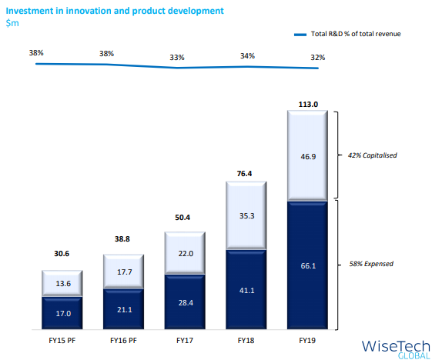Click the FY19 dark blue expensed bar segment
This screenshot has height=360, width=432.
click(x=307, y=265)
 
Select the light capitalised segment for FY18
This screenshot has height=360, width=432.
click(x=246, y=215)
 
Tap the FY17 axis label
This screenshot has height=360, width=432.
click(x=185, y=341)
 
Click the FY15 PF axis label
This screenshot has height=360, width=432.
click(x=62, y=341)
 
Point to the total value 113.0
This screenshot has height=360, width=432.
click(x=308, y=105)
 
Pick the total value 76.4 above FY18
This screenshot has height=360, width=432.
click(x=244, y=173)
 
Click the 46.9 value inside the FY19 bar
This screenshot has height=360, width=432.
click(x=308, y=157)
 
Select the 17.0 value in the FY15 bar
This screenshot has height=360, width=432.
click(x=63, y=314)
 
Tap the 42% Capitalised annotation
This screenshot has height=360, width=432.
click(x=372, y=155)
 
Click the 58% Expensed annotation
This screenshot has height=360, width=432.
click(x=371, y=264)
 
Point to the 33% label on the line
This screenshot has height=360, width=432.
click(x=177, y=58)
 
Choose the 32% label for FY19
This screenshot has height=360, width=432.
click(x=318, y=58)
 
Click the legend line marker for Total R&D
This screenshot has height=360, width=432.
click(x=300, y=35)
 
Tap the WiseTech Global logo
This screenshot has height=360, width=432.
click(x=396, y=349)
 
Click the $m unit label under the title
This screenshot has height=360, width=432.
click(x=12, y=23)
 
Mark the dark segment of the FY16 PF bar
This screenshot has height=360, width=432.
click(x=123, y=309)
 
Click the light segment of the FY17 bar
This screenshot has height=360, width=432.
click(x=185, y=253)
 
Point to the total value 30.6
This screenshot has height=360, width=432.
click(x=62, y=254)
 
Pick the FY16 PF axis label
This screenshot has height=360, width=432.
click(x=123, y=341)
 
